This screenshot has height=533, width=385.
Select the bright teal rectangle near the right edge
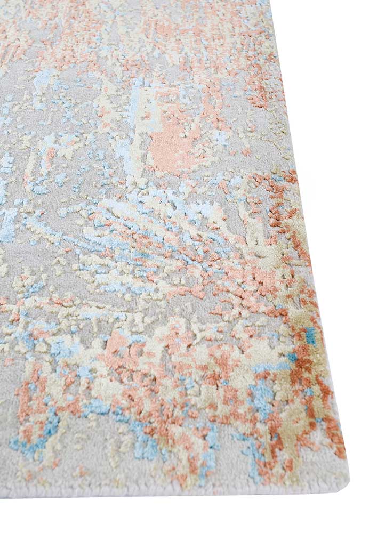click(x=310, y=335)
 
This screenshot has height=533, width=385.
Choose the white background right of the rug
click(x=347, y=160)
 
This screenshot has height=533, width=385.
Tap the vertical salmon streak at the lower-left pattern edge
click(x=24, y=405)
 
